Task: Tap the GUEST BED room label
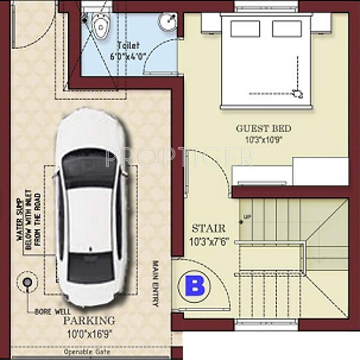[x=263, y=128]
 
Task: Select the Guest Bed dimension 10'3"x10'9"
[x=263, y=139]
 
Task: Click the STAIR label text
[x=209, y=229]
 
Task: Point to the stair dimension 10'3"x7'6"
[x=209, y=243]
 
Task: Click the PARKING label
[x=89, y=321]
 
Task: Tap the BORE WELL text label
[x=52, y=312]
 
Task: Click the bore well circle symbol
[x=27, y=282]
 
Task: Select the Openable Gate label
[x=87, y=352]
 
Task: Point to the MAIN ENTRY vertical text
[x=155, y=284]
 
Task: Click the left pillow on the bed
[x=245, y=29]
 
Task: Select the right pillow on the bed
[x=286, y=29]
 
